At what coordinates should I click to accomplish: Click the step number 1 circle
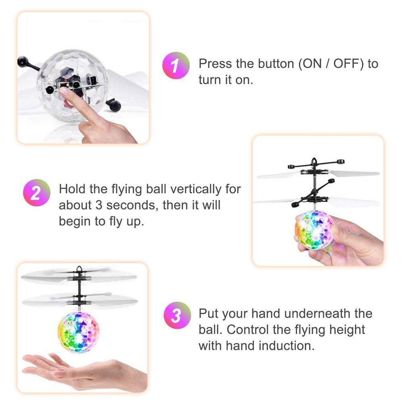pyautogui.click(x=176, y=65)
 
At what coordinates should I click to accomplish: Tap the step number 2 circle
pyautogui.click(x=37, y=193)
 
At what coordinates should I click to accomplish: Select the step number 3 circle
pyautogui.click(x=177, y=315)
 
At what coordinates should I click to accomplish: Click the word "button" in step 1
pyautogui.click(x=276, y=64)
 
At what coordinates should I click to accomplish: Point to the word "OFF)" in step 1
pyautogui.click(x=349, y=64)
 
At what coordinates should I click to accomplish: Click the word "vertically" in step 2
pyautogui.click(x=195, y=189)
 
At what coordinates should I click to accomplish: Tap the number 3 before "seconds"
pyautogui.click(x=99, y=206)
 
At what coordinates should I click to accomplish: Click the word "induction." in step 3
pyautogui.click(x=287, y=346)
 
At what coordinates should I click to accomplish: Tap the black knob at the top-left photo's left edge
pyautogui.click(x=23, y=61)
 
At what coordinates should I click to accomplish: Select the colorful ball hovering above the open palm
pyautogui.click(x=79, y=332)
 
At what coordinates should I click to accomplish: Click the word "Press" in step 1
pyautogui.click(x=215, y=64)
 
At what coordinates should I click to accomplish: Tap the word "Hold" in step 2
pyautogui.click(x=72, y=189)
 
